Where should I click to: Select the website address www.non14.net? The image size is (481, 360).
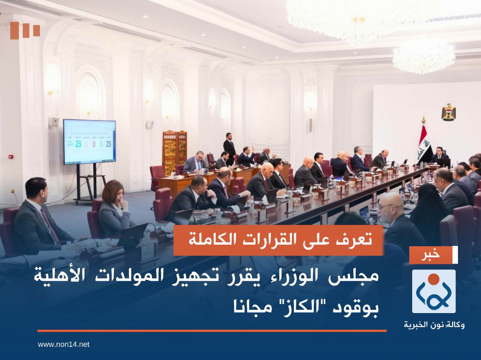coord(64,344)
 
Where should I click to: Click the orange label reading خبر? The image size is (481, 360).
coord(434,255)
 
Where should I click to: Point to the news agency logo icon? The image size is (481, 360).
coord(434,291)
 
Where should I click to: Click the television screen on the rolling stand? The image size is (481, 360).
coord(89,142)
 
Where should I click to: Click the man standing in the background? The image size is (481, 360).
coord(229,149)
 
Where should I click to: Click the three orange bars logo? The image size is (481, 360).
coord(25,30)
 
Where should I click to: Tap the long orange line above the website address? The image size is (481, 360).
coord(212,331)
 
